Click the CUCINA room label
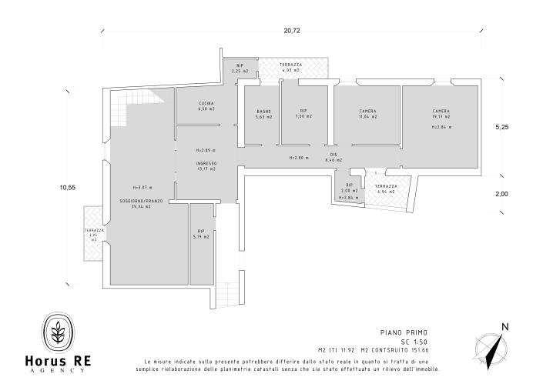[x=206, y=103]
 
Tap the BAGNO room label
[x=264, y=112]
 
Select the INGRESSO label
[x=206, y=163]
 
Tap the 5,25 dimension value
[x=502, y=127]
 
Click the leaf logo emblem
[x=58, y=332]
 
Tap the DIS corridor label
[x=334, y=155]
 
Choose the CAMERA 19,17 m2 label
[x=441, y=112]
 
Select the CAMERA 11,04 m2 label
[x=367, y=112]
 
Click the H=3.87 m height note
[x=142, y=187]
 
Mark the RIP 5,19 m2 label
[x=201, y=233]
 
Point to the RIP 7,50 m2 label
[x=303, y=112]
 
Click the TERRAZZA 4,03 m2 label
[x=291, y=66]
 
